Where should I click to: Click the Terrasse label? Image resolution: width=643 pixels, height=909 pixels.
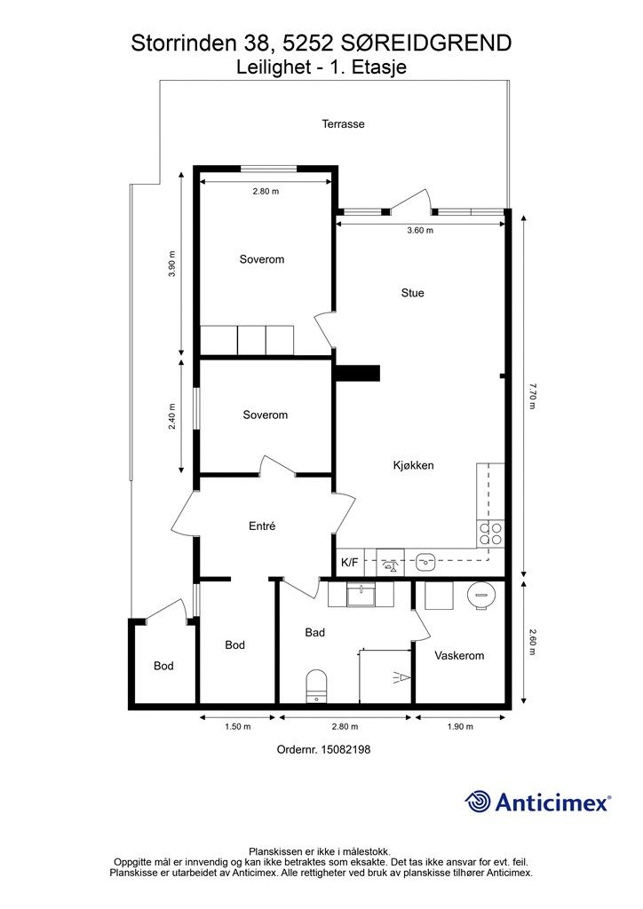pyautogui.click(x=343, y=123)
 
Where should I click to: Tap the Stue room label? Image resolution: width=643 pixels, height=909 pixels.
pyautogui.click(x=412, y=293)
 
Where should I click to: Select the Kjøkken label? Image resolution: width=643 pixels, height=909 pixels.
pyautogui.click(x=413, y=465)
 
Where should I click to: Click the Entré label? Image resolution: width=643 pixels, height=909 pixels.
pyautogui.click(x=262, y=526)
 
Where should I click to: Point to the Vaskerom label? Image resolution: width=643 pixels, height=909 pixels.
pyautogui.click(x=459, y=656)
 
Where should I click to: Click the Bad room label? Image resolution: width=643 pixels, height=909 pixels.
pyautogui.click(x=314, y=632)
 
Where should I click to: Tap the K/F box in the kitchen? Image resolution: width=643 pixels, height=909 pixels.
pyautogui.click(x=350, y=562)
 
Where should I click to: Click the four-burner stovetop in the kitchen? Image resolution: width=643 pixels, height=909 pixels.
pyautogui.click(x=490, y=534)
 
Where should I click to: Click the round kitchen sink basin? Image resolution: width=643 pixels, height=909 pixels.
pyautogui.click(x=425, y=561)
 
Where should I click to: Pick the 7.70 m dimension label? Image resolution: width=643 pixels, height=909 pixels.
pyautogui.click(x=532, y=396)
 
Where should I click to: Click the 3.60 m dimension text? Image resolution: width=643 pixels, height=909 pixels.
pyautogui.click(x=420, y=230)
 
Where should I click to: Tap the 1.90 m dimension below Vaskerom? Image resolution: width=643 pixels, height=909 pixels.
pyautogui.click(x=460, y=726)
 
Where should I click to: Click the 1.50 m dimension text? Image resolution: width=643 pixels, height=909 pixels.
pyautogui.click(x=238, y=726)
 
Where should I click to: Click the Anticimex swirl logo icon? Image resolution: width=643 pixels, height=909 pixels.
pyautogui.click(x=478, y=802)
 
